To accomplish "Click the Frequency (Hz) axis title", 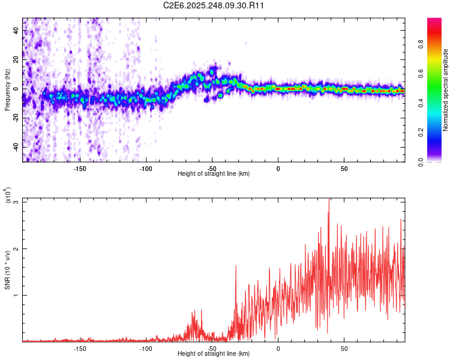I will pyautogui.click(x=7, y=90).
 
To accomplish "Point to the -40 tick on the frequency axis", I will pyautogui.click(x=14, y=147).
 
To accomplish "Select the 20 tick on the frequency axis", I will pyautogui.click(x=16, y=60).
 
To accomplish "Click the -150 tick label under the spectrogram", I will pyautogui.click(x=80, y=169).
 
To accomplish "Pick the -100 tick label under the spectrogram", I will pyautogui.click(x=146, y=169).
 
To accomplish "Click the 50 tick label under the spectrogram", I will pyautogui.click(x=344, y=169).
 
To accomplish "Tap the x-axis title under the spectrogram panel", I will pyautogui.click(x=214, y=174).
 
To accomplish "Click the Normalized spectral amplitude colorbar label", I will pyautogui.click(x=446, y=90).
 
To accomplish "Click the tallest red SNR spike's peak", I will pyautogui.click(x=329, y=199).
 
